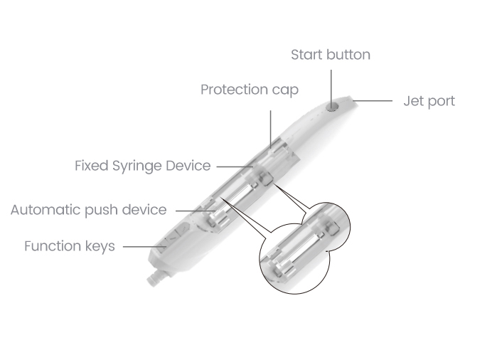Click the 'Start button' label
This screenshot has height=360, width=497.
point(331,55)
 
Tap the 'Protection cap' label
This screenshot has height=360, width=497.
point(250,90)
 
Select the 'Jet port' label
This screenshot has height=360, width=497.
point(429,101)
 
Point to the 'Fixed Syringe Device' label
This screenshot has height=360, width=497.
point(143,166)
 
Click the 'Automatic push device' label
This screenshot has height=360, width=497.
point(88,210)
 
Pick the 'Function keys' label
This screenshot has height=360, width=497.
point(70,246)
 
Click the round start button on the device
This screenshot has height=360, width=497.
point(331,107)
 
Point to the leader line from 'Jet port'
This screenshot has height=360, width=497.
point(373,101)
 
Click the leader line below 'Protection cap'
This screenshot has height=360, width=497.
point(271,129)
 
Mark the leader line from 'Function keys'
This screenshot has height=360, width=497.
point(144,246)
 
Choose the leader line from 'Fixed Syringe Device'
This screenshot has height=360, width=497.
point(235,166)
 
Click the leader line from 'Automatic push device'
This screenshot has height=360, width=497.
point(196,211)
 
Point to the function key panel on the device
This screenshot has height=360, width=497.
point(173,237)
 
